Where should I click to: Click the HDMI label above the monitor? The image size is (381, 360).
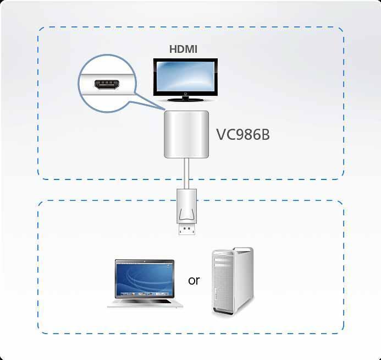pos(183,49)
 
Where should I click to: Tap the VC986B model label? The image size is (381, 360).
pos(243,134)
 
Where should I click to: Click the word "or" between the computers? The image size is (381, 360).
pos(194,281)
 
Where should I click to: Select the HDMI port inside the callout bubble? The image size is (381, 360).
pos(107,84)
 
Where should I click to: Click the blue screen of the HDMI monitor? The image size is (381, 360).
pos(185,77)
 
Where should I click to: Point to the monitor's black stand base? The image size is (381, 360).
pos(185,100)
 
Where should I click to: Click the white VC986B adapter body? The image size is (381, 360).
pos(186,134)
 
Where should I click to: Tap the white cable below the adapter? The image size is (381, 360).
pos(186,173)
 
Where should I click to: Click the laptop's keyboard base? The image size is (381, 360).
pos(145,303)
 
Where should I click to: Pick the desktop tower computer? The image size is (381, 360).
pos(233,281)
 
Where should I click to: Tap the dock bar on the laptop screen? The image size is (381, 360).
pos(145,294)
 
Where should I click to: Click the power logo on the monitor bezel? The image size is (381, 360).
pos(185,94)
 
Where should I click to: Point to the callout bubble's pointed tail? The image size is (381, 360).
pos(164,109)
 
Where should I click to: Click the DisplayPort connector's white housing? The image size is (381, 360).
pos(186,206)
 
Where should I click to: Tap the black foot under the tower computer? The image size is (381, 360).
pos(222,313)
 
